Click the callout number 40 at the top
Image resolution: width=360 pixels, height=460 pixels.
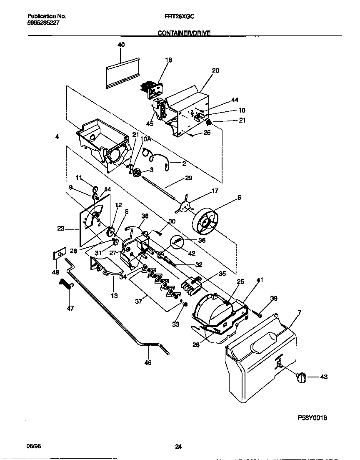point(121,45)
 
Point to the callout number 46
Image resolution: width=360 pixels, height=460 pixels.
point(147,362)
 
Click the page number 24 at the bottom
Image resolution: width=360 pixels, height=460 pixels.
point(178,447)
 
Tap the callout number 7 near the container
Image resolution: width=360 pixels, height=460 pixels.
point(299,312)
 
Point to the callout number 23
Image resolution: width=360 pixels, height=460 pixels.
point(61,228)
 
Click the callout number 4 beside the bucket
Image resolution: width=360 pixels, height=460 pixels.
point(57,136)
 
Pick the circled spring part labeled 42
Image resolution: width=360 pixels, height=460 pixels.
point(177,241)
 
